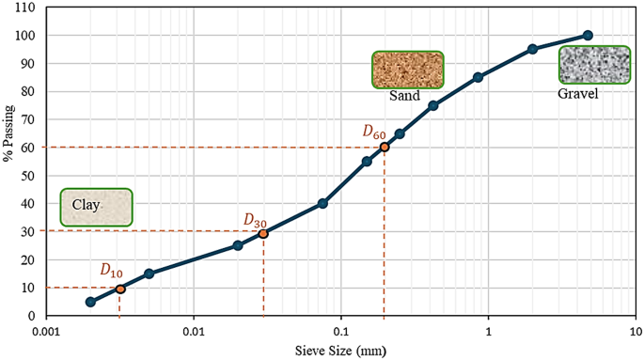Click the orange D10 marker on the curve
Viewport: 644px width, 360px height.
pyautogui.click(x=119, y=289)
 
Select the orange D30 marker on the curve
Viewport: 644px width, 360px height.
pyautogui.click(x=263, y=233)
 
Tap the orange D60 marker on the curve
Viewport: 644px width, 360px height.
pyautogui.click(x=384, y=148)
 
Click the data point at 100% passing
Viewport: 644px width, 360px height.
pyautogui.click(x=588, y=36)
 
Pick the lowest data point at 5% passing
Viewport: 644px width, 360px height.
pyautogui.click(x=90, y=302)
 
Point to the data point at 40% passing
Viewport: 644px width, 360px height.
pyautogui.click(x=322, y=203)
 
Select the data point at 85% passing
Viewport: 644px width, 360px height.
pyautogui.click(x=478, y=77)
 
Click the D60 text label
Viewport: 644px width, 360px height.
pyautogui.click(x=374, y=133)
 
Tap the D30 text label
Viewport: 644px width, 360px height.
pyautogui.click(x=255, y=220)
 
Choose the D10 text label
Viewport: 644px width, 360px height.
pyautogui.click(x=111, y=270)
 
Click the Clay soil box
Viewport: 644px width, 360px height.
pyautogui.click(x=96, y=207)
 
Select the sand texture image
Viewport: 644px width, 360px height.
pyautogui.click(x=407, y=70)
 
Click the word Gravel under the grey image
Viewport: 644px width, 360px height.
pyautogui.click(x=578, y=94)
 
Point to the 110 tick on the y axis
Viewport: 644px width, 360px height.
pyautogui.click(x=25, y=8)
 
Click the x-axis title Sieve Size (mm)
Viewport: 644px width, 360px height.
pyautogui.click(x=340, y=351)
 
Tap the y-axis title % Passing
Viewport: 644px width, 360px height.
pyautogui.click(x=8, y=162)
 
